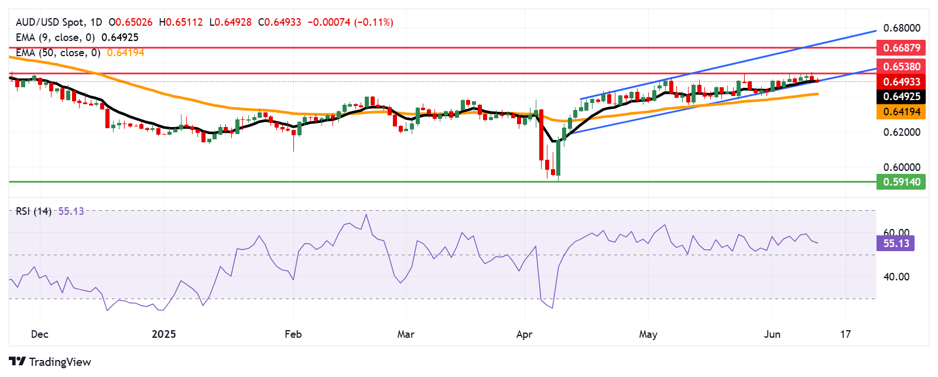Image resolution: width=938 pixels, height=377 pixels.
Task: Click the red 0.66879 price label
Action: tap(901, 47)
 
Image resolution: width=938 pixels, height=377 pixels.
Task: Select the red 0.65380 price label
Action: tap(901, 67)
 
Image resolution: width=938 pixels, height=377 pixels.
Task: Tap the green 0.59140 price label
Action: tap(901, 182)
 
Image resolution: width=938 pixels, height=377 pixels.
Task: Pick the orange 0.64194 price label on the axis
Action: tap(901, 112)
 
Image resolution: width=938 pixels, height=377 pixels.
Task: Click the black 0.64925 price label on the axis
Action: tap(901, 97)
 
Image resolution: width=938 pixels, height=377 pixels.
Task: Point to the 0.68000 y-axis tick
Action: tap(901, 28)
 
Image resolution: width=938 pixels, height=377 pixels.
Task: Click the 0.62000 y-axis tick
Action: tap(901, 132)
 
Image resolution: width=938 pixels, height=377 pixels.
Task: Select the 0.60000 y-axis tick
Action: tap(901, 167)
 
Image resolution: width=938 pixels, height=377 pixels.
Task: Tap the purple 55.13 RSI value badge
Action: tap(895, 244)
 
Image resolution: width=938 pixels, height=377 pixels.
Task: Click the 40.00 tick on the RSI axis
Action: tap(896, 277)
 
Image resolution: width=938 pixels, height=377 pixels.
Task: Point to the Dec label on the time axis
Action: tap(39, 334)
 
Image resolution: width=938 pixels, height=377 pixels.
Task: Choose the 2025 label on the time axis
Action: tap(163, 334)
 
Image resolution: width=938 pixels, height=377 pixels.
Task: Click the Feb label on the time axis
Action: tap(293, 334)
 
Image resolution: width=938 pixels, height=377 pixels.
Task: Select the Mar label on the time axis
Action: tap(406, 334)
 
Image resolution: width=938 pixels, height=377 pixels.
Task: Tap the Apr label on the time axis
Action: tap(524, 334)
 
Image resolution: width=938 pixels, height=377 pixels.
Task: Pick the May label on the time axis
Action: tap(648, 334)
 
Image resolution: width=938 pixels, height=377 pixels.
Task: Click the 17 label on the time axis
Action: tap(845, 334)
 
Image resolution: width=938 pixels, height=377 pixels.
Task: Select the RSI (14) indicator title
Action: tap(33, 211)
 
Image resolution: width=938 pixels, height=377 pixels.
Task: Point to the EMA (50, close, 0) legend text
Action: tap(58, 53)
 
